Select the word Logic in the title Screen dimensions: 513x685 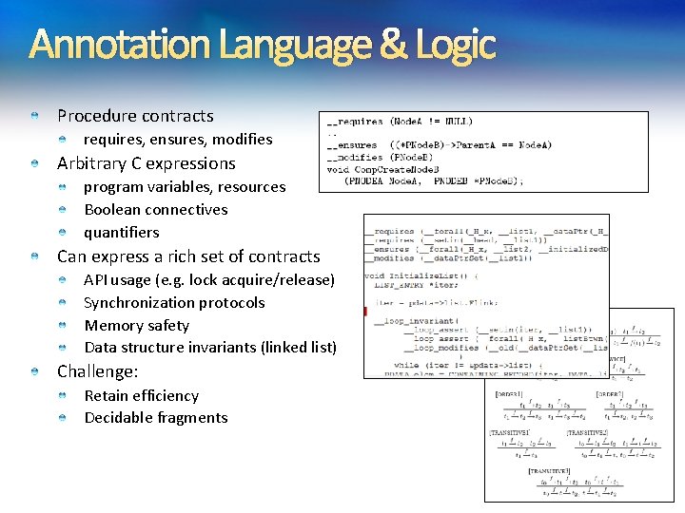coord(456,45)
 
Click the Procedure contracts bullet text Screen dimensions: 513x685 coord(135,116)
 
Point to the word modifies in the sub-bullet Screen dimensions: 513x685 coord(243,140)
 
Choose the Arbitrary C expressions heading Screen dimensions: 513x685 coord(146,163)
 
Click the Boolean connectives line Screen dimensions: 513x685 coord(156,210)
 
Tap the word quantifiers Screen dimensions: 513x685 coord(122,233)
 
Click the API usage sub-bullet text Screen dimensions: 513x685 coord(209,280)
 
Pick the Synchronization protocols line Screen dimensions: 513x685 coord(174,303)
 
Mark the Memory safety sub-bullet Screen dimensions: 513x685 coord(136,326)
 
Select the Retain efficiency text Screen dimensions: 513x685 coord(141,395)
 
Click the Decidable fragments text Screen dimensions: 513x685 coord(156,418)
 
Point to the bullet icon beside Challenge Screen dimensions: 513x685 coord(33,371)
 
